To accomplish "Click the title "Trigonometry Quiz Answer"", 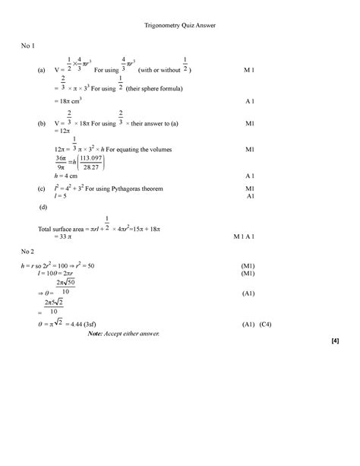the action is (180, 26).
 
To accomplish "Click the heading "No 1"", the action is (28, 47).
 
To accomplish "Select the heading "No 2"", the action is (28, 250).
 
